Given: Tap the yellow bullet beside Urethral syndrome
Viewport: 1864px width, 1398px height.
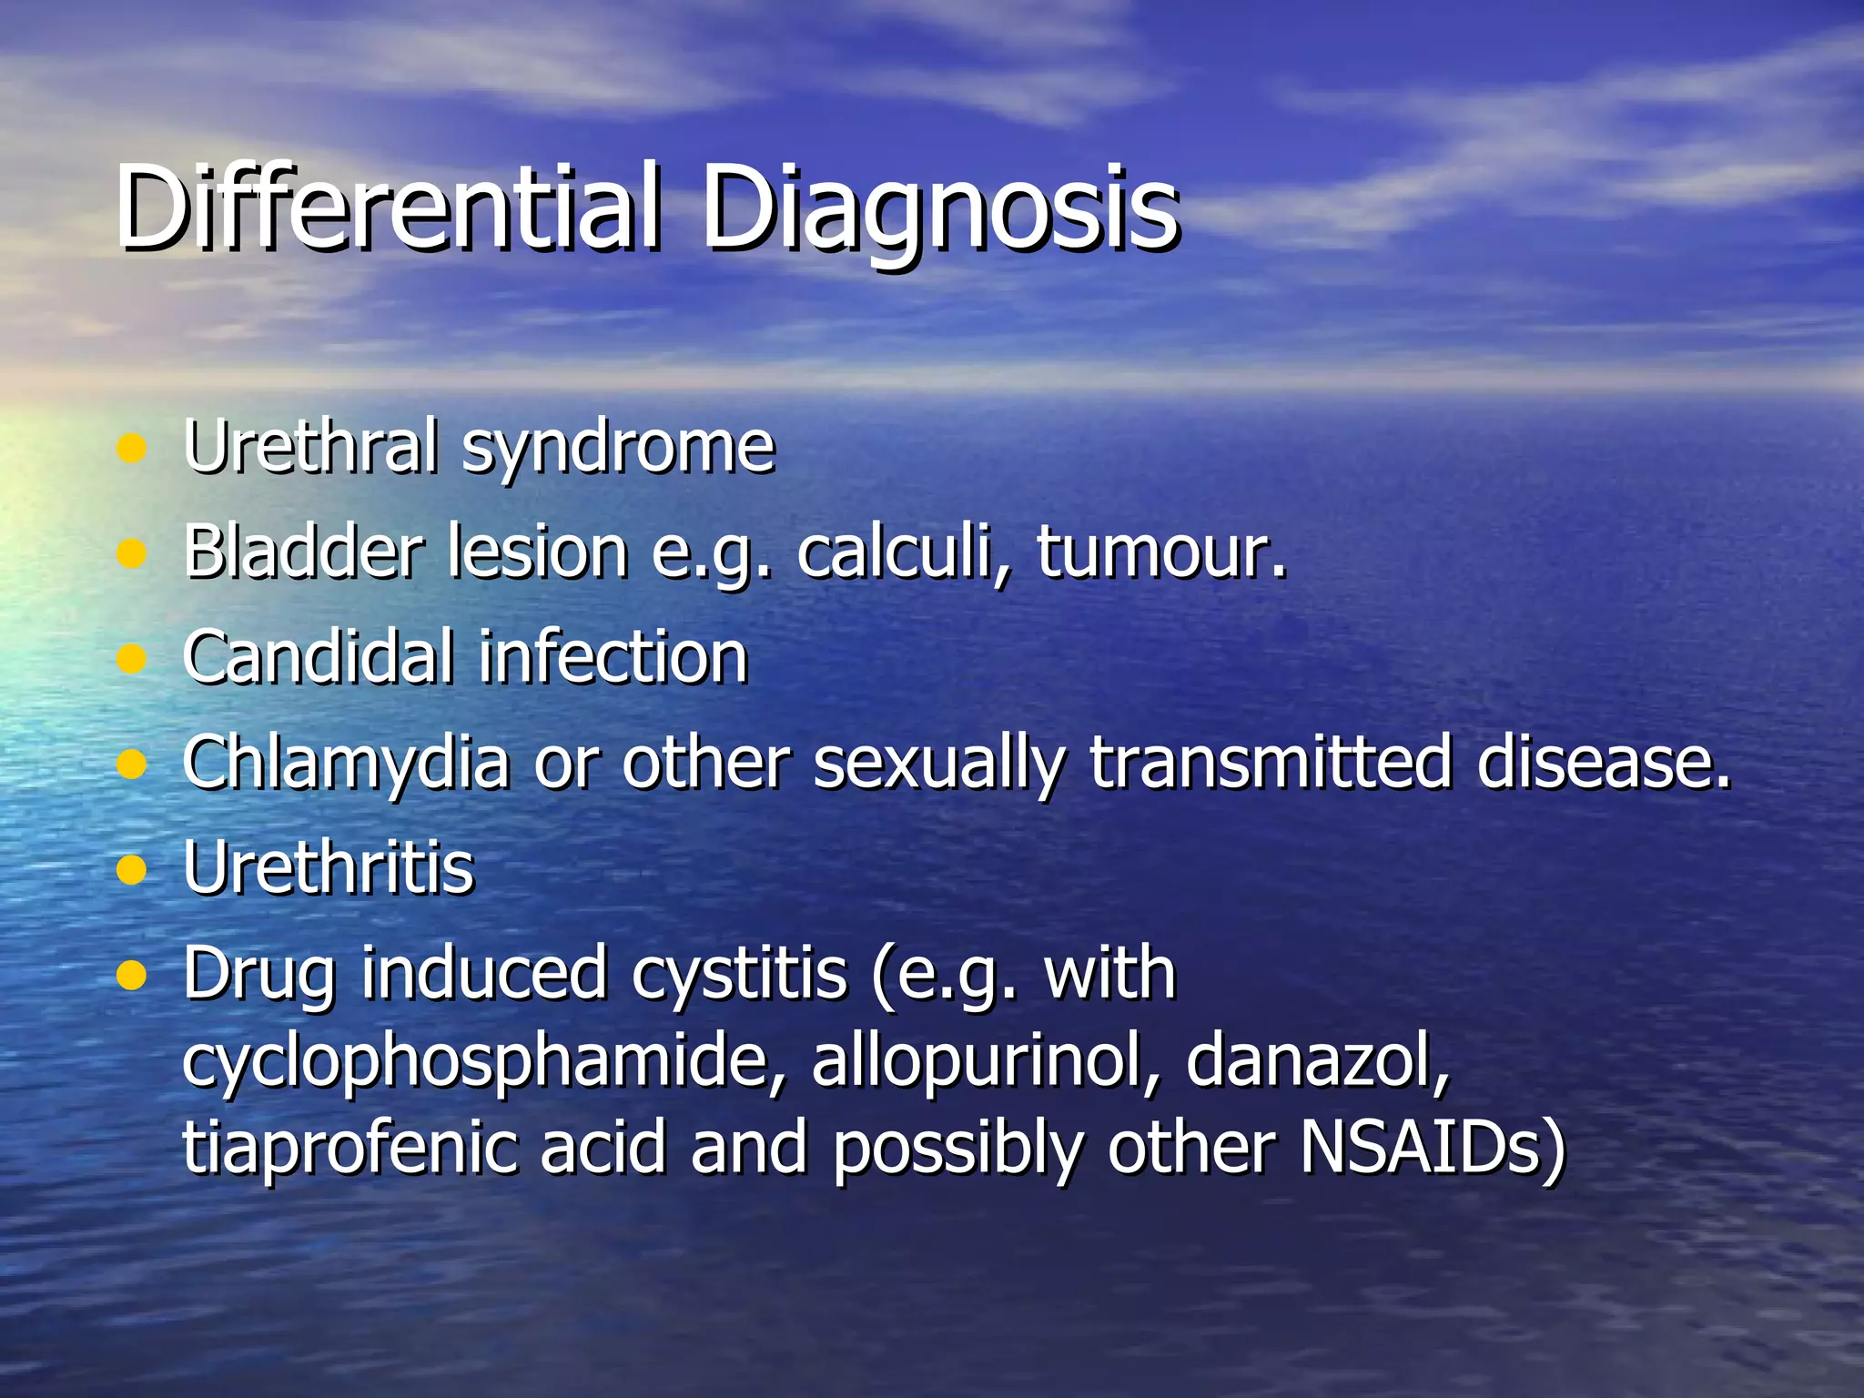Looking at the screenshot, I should [x=133, y=448].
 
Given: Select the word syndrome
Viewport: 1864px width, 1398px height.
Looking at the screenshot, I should [x=618, y=448].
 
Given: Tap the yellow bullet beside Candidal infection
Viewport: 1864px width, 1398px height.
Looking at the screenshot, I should [x=133, y=657].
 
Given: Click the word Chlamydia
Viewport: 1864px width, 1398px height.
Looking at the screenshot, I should [x=345, y=763].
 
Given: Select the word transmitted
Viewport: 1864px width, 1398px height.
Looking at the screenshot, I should [x=1271, y=763].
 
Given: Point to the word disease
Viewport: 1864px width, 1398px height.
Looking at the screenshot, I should [x=1603, y=763].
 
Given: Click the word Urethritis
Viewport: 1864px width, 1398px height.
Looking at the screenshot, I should [x=329, y=867].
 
